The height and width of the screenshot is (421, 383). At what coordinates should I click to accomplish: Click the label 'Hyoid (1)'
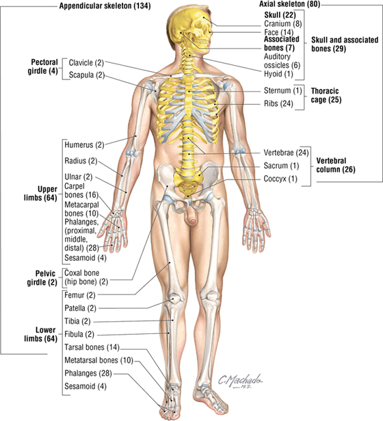pyautogui.click(x=278, y=74)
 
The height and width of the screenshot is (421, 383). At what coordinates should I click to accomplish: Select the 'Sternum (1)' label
pyautogui.click(x=283, y=90)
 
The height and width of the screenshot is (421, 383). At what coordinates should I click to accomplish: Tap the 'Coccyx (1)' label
pyautogui.click(x=280, y=179)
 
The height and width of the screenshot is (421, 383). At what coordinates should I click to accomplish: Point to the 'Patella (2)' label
pyautogui.click(x=80, y=308)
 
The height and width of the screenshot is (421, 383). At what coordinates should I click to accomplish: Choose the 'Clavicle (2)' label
pyautogui.click(x=86, y=63)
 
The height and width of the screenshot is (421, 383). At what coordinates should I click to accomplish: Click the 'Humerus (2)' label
pyautogui.click(x=84, y=145)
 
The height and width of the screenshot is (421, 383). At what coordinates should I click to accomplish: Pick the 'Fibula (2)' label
pyautogui.click(x=79, y=334)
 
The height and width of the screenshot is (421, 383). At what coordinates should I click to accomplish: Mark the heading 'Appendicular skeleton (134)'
pyautogui.click(x=105, y=6)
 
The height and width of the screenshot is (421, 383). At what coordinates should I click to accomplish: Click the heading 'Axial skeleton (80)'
pyautogui.click(x=290, y=4)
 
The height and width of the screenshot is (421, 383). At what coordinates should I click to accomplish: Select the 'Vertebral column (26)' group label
pyautogui.click(x=336, y=165)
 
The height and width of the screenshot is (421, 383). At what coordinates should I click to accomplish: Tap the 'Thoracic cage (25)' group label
pyautogui.click(x=326, y=95)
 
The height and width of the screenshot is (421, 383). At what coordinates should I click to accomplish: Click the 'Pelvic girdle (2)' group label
pyautogui.click(x=42, y=278)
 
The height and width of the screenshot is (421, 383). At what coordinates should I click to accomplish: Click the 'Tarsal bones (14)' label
pyautogui.click(x=92, y=347)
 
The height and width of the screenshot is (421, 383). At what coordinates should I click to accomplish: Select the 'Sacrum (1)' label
pyautogui.click(x=281, y=166)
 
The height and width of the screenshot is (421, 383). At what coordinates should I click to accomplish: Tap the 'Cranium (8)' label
pyautogui.click(x=283, y=24)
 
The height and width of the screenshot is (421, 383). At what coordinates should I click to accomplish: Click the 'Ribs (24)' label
pyautogui.click(x=278, y=103)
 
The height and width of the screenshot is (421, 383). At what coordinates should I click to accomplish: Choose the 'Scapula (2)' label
pyautogui.click(x=87, y=75)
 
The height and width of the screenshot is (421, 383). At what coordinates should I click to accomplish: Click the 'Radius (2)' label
pyautogui.click(x=81, y=161)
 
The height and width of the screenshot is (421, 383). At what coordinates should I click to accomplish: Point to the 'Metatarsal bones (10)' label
pyautogui.click(x=98, y=360)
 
